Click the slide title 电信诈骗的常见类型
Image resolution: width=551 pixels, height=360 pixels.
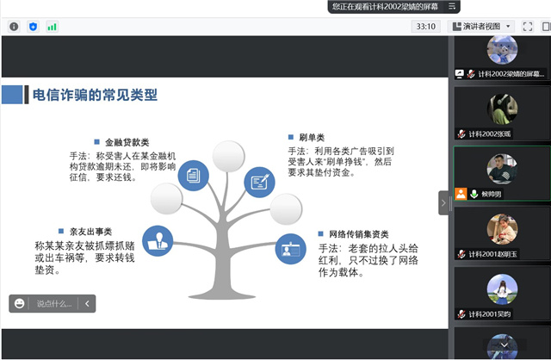pyautogui.click(x=95, y=95)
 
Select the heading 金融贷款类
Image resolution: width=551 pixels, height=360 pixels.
pyautogui.click(x=126, y=142)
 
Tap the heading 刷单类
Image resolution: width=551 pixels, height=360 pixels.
pyautogui.click(x=311, y=137)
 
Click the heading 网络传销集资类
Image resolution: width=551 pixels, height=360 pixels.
pyautogui.click(x=358, y=233)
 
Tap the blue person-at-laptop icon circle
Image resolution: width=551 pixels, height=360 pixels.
pyautogui.click(x=158, y=240)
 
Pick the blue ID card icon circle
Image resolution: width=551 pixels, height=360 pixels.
pyautogui.click(x=290, y=250)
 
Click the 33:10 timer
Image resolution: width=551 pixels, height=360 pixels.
pyautogui.click(x=425, y=27)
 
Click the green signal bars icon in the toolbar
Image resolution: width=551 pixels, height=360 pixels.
pyautogui.click(x=53, y=27)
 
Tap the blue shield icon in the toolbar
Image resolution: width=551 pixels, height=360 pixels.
pyautogui.click(x=33, y=27)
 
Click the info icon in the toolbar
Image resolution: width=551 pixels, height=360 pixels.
pyautogui.click(x=14, y=27)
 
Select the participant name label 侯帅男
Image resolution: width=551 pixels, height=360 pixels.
pyautogui.click(x=494, y=195)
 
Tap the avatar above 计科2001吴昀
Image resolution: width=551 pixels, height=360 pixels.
pyautogui.click(x=502, y=289)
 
